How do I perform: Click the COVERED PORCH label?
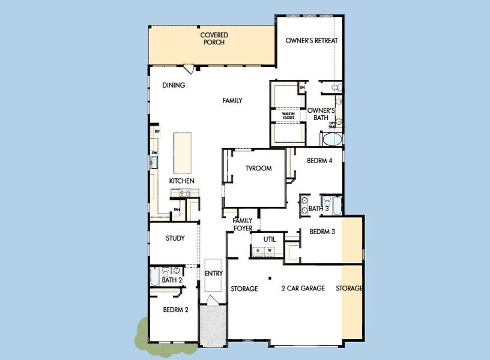(214, 39)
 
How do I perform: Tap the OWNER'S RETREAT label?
(312, 41)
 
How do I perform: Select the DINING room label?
(174, 85)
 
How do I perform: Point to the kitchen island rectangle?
(183, 153)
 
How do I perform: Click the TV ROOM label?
(258, 169)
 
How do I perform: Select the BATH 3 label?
(319, 209)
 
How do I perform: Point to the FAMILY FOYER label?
(243, 224)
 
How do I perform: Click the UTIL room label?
(269, 239)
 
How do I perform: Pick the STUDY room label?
(175, 238)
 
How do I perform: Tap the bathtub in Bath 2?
(154, 277)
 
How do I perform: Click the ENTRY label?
(213, 274)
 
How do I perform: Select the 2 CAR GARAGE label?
(303, 289)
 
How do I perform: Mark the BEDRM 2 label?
(175, 310)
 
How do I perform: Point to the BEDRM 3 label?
(322, 232)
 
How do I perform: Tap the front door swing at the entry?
(213, 299)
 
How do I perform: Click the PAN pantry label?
(177, 209)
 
